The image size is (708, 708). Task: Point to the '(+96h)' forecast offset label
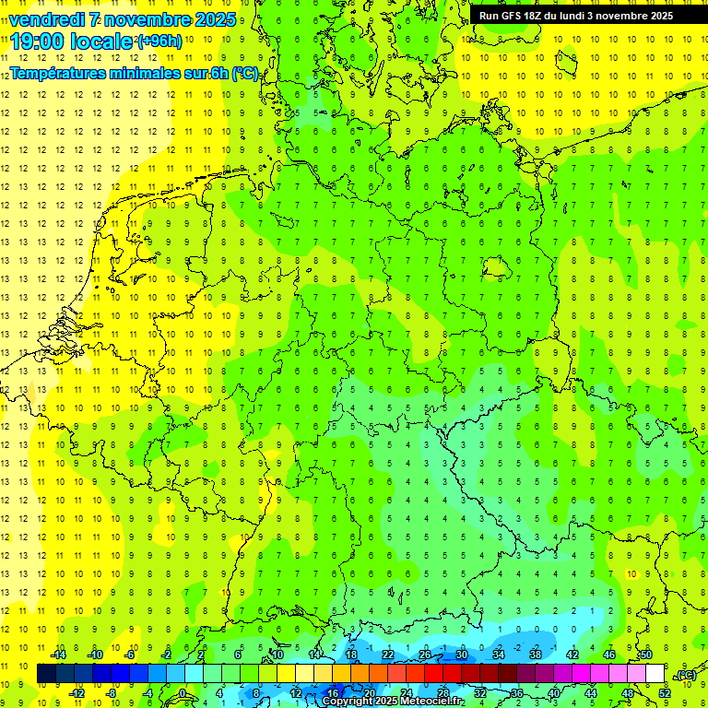click(x=159, y=41)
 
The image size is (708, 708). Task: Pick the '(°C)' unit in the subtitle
click(x=244, y=73)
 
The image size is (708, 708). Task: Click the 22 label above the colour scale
click(x=388, y=655)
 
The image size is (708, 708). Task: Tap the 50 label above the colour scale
click(x=645, y=655)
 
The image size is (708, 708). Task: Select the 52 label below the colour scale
click(x=664, y=693)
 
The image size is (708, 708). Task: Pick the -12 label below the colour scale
click(x=77, y=693)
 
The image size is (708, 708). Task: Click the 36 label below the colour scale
click(x=516, y=693)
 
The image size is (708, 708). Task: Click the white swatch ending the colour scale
click(x=655, y=674)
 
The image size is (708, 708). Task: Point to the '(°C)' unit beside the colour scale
click(x=686, y=675)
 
